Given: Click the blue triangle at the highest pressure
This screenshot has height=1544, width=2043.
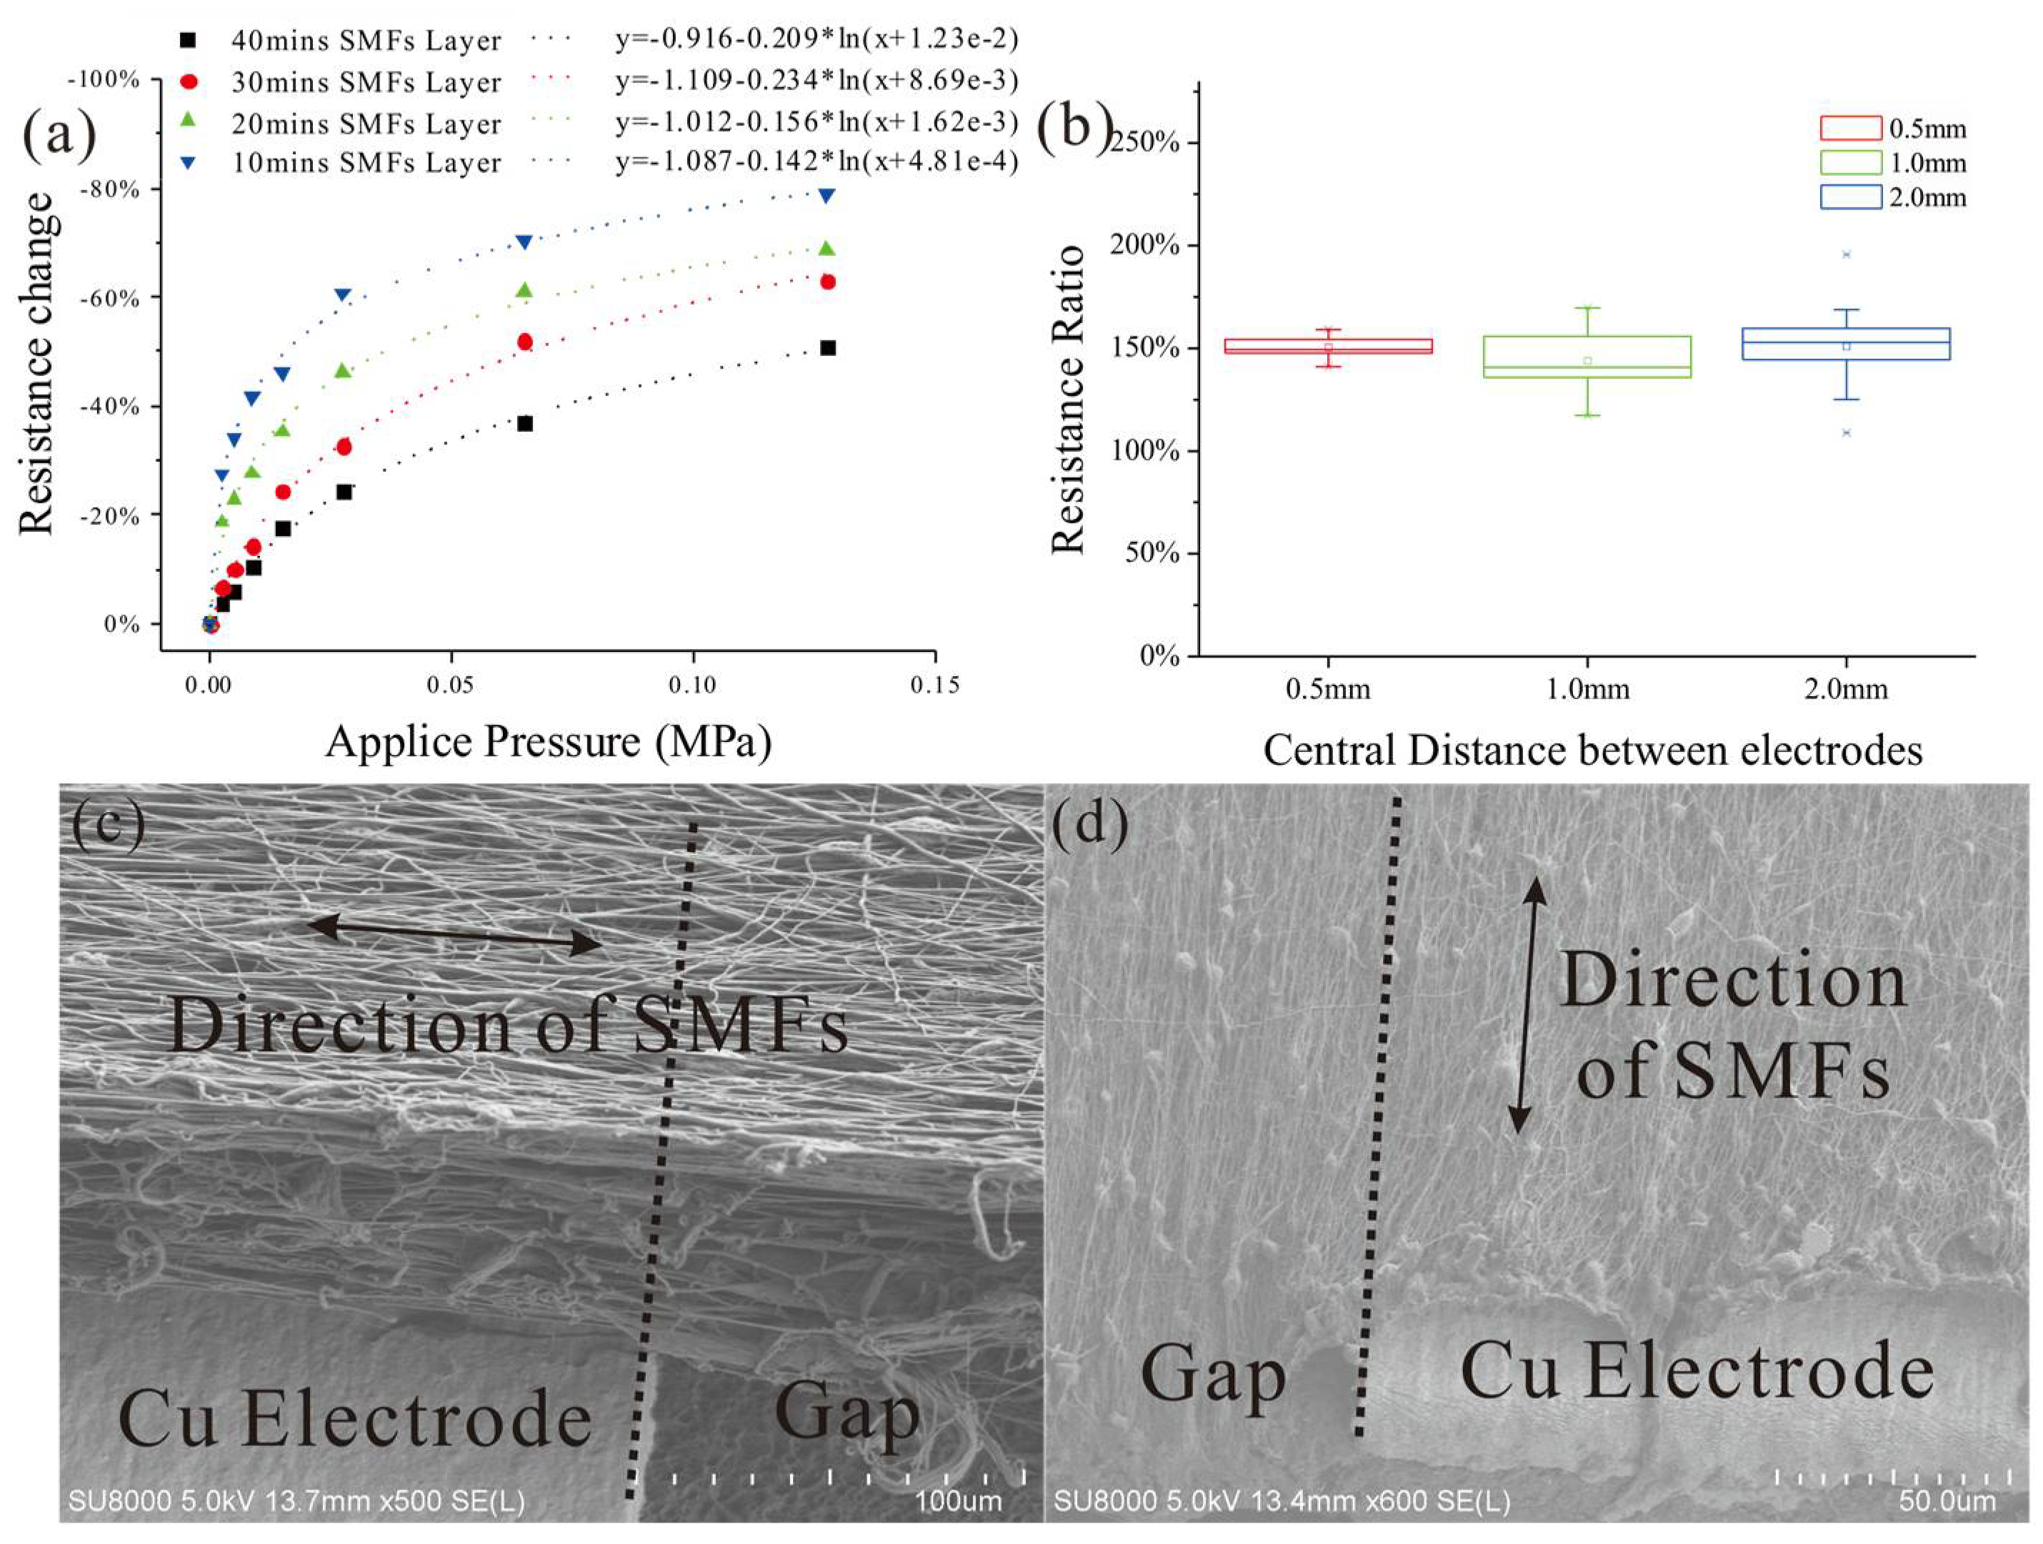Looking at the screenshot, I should tap(826, 195).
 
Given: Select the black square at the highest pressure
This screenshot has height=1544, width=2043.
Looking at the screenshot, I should tap(827, 347).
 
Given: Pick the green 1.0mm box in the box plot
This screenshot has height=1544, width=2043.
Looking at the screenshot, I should tap(1587, 357).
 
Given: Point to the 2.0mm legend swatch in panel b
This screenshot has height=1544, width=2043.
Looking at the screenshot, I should tap(1851, 197).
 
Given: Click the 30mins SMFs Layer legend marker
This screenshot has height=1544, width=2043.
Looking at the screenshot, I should tap(189, 81).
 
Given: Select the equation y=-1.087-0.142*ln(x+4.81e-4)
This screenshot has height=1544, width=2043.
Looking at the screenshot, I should tap(816, 163).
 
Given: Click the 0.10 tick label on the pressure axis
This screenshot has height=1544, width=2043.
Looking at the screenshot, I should tap(691, 685).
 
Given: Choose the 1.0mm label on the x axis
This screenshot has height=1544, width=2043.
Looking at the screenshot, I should tap(1587, 689).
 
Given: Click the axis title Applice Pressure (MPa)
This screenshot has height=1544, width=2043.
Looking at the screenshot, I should tap(548, 742).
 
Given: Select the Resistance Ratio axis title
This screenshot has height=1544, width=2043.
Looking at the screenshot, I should tap(1068, 399).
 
